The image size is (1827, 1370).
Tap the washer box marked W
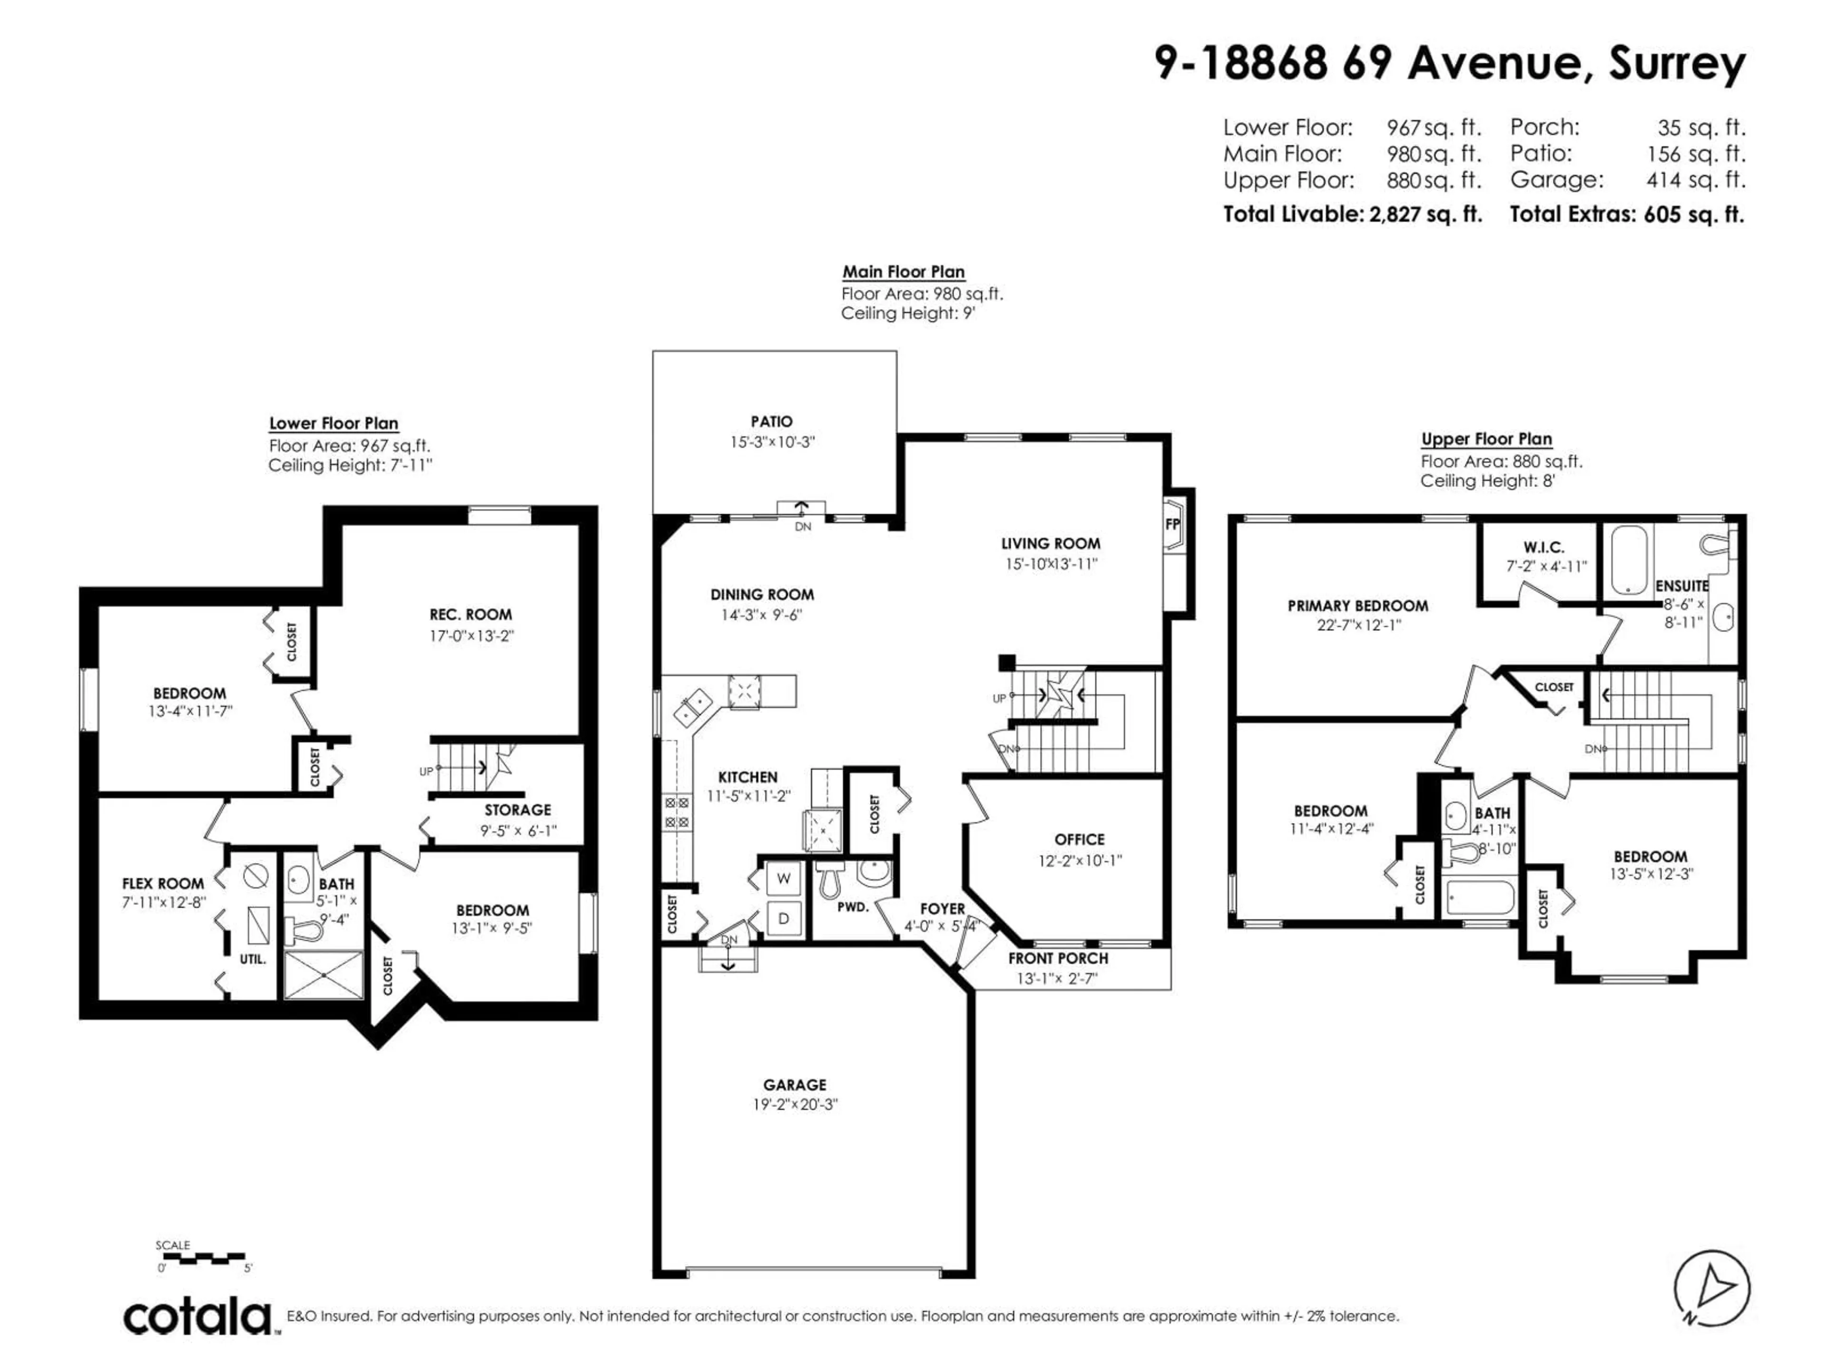coord(783,879)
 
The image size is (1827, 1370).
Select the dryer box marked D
coord(783,918)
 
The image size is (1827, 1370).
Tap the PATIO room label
coord(771,421)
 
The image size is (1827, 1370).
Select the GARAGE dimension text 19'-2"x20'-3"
coord(795,1105)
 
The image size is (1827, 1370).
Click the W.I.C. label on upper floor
coord(1544,548)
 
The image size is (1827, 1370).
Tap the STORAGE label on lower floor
coord(517,810)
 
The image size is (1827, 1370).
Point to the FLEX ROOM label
coord(163,884)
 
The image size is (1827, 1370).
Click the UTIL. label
coord(253,959)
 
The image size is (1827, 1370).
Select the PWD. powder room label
coord(853,907)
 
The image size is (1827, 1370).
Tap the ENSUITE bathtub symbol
coord(1629,560)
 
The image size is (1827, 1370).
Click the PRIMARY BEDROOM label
coord(1357,605)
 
